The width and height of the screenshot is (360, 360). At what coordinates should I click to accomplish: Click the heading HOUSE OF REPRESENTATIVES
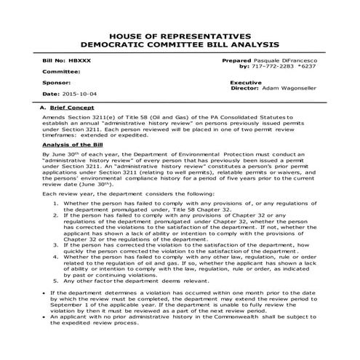[180, 35]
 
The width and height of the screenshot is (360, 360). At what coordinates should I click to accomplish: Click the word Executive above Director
[245, 83]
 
